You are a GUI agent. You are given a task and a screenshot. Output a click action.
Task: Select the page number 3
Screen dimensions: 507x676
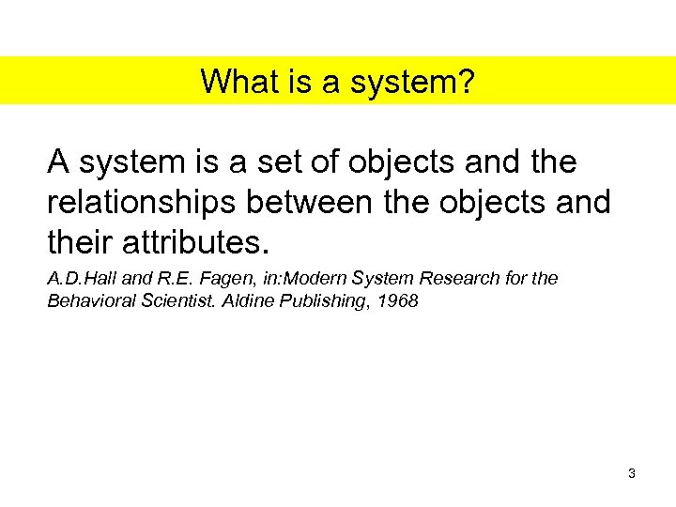[632, 474]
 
